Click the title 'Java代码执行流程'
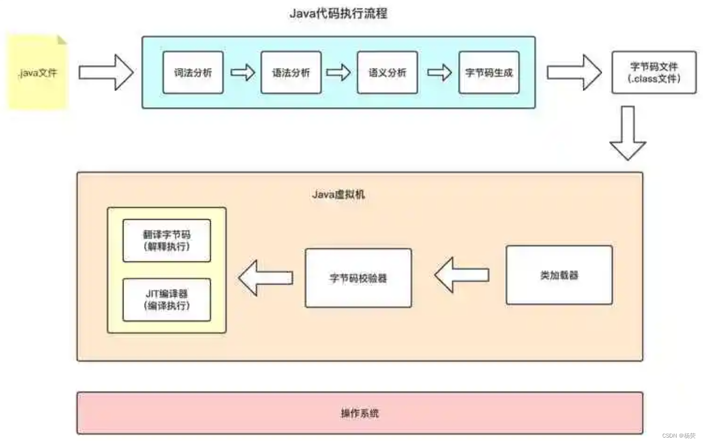[x=338, y=13]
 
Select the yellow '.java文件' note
[x=38, y=73]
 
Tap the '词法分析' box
[x=193, y=72]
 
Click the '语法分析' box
[x=291, y=72]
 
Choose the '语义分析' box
[x=388, y=72]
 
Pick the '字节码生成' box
[x=489, y=72]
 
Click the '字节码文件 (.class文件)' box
[x=654, y=72]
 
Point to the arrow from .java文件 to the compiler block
[x=106, y=72]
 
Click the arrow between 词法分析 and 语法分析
[x=242, y=72]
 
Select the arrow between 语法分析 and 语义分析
[x=339, y=72]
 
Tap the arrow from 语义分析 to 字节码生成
[x=439, y=72]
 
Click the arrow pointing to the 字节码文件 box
[x=574, y=72]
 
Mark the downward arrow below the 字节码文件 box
[x=628, y=133]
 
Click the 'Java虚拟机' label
[x=338, y=194]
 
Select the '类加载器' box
[x=559, y=275]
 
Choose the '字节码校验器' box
[x=358, y=278]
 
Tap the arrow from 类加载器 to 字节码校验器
[x=461, y=275]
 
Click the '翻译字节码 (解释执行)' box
[x=167, y=240]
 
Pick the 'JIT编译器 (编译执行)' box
[x=167, y=300]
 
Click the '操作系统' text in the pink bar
[x=360, y=413]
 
